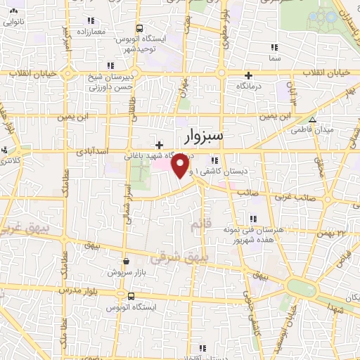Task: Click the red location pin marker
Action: pyautogui.click(x=181, y=165)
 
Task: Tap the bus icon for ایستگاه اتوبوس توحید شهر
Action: pyautogui.click(x=139, y=29)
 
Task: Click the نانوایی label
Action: pyautogui.click(x=15, y=22)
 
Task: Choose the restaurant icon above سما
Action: pyautogui.click(x=274, y=47)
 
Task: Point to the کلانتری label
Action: pyautogui.click(x=10, y=161)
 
